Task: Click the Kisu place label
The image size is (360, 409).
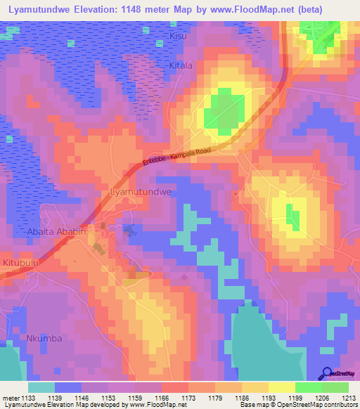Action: pyautogui.click(x=179, y=34)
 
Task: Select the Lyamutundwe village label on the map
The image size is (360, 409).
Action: pyautogui.click(x=141, y=191)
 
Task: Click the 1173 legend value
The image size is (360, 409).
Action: pyautogui.click(x=188, y=398)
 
